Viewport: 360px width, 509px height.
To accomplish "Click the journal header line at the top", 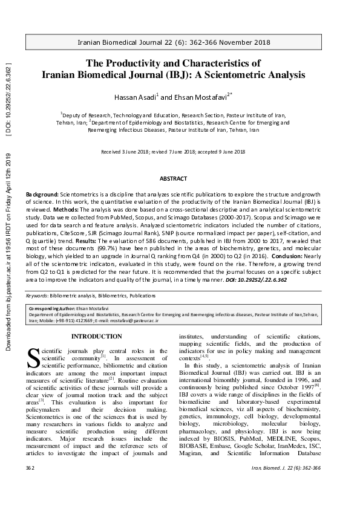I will [x=180, y=44].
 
